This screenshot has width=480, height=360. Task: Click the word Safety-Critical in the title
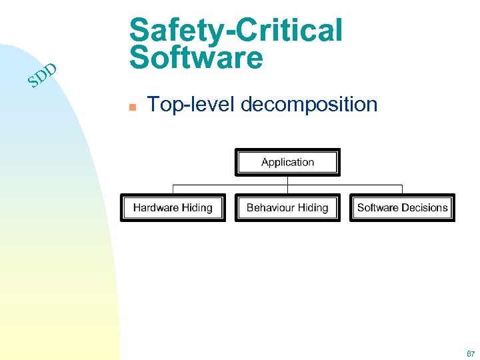coord(236,30)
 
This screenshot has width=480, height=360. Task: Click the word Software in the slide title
coord(197,58)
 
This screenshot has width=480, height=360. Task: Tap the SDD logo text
coord(42,77)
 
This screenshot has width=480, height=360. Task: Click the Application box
coord(287,162)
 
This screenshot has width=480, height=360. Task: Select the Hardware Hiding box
coord(173,207)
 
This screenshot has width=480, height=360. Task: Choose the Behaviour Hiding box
coord(287,207)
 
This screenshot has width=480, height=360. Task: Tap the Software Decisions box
coord(402,207)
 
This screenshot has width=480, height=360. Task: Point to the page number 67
coord(471,353)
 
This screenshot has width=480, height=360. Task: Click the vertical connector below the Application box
coord(287,180)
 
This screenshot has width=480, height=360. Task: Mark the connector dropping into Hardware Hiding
coord(173,189)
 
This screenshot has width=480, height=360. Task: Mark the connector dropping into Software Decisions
coord(402,189)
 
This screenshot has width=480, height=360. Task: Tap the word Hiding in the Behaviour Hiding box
coord(313,207)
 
